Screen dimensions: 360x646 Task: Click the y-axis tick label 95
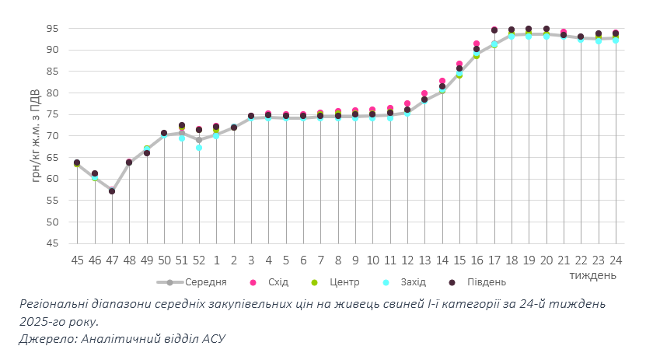[x=52, y=29]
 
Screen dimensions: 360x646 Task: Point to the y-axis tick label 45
[x=52, y=243]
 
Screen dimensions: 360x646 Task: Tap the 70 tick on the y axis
[x=52, y=136]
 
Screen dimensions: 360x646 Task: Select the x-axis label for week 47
[x=112, y=260]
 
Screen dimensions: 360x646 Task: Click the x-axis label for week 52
[x=199, y=260]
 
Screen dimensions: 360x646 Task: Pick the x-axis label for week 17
[x=494, y=260]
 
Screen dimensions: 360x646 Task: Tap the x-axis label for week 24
[x=616, y=260]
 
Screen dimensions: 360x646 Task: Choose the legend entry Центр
[x=343, y=282]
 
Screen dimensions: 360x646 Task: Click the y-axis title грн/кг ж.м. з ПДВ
[x=37, y=136]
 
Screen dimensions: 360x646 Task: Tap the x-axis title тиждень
[x=593, y=275]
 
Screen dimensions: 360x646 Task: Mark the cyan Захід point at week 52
[x=199, y=147]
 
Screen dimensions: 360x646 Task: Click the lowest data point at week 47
[x=112, y=191]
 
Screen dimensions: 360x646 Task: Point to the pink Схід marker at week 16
[x=477, y=44]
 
